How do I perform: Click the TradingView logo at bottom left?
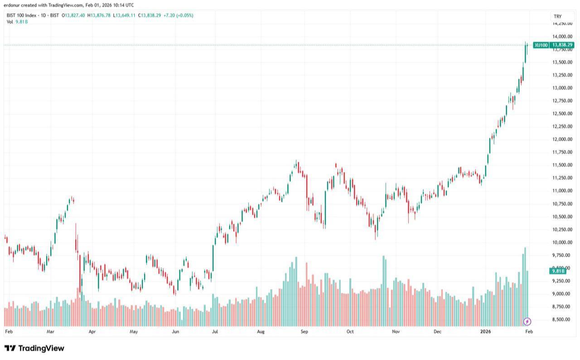click(x=34, y=348)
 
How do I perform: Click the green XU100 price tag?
click(x=553, y=45)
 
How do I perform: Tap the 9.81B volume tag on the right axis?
click(x=557, y=271)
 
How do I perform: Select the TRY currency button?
click(x=557, y=16)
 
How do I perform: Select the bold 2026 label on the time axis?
click(x=486, y=331)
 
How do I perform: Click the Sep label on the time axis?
click(x=304, y=331)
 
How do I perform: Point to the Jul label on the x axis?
click(x=215, y=331)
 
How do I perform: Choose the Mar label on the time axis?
click(x=50, y=331)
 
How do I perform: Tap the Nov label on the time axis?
click(x=396, y=331)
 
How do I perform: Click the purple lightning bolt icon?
click(x=527, y=322)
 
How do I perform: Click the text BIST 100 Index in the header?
click(x=22, y=15)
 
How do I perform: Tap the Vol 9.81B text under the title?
click(x=17, y=22)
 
